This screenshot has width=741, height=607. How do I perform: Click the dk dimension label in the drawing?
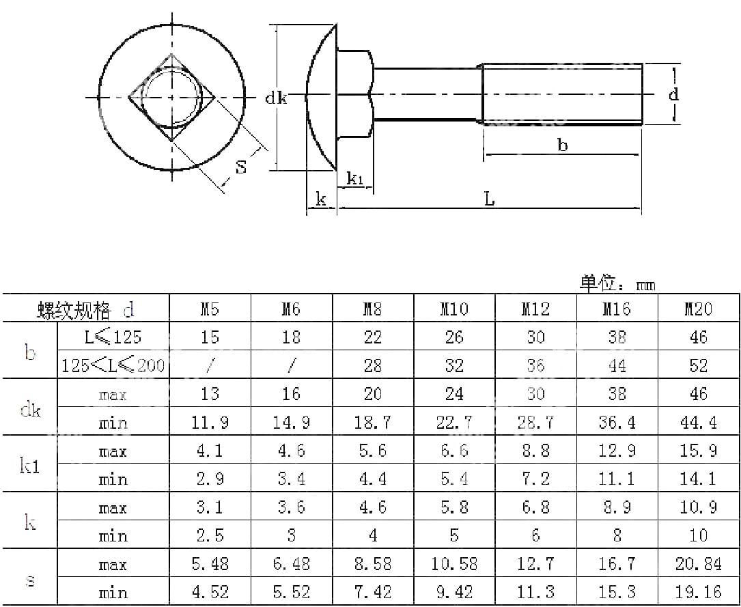pos(276,98)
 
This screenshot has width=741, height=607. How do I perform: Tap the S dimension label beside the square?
pos(241,166)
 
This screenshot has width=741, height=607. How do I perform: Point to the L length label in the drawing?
pos(489,199)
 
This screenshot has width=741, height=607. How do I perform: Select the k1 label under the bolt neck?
pos(355,180)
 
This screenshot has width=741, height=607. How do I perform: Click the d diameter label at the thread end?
pos(673,94)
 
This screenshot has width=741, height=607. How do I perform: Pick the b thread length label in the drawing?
pos(562,145)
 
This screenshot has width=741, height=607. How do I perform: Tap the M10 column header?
pos(454,309)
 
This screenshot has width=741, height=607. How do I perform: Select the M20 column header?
pos(698,309)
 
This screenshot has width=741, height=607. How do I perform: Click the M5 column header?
pos(210,309)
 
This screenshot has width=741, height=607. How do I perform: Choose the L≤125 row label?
pos(113,337)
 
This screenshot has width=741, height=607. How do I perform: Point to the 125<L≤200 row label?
pos(113,365)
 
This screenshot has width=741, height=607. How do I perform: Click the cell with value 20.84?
pos(698,565)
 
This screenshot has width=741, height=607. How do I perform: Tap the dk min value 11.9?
pos(210,423)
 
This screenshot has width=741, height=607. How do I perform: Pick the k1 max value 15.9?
pos(698,451)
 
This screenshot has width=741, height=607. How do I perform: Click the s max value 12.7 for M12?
pos(535,565)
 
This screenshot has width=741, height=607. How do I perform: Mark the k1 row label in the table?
pos(30,466)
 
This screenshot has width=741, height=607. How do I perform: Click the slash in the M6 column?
pos(292,366)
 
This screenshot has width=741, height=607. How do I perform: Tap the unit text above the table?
pos(617,283)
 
